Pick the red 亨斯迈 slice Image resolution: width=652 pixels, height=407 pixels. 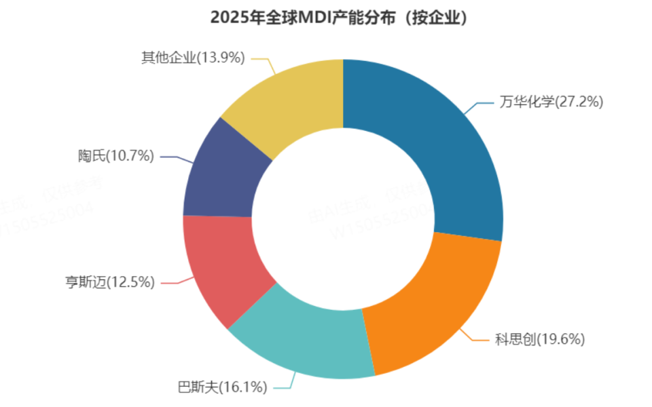[x=221, y=268]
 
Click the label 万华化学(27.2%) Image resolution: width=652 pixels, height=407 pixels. [x=551, y=102]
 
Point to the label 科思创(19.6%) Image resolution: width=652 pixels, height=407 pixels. [x=539, y=339]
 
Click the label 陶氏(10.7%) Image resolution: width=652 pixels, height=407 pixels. [x=115, y=156]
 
